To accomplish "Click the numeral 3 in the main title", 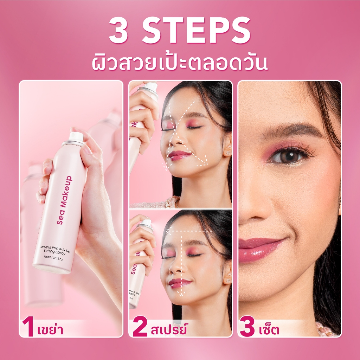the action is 119,30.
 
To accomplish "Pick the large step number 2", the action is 140,326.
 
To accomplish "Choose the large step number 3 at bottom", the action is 247,326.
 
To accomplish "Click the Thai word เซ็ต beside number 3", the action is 269,329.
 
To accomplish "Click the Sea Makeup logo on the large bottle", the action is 65,200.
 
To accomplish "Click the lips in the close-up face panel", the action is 259,250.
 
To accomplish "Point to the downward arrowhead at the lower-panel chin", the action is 181,294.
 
